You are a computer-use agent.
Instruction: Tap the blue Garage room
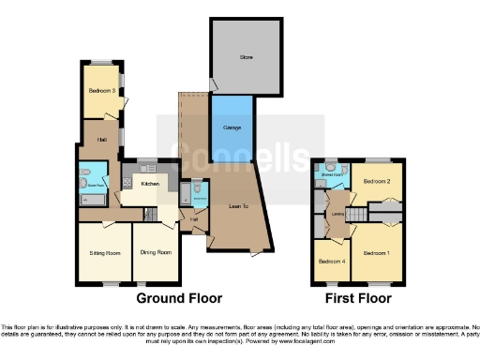coord(231,126)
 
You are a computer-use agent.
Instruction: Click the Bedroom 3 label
coord(102,91)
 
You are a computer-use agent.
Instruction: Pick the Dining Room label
coord(156,252)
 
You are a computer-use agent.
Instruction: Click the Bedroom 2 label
coord(377,180)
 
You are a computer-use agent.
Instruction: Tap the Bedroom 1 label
coord(377,252)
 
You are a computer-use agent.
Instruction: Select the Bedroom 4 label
coord(330,262)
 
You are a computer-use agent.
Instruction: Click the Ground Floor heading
coord(179,299)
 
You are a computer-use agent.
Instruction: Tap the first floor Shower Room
coord(331,173)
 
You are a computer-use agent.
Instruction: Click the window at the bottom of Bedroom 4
coord(330,284)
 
